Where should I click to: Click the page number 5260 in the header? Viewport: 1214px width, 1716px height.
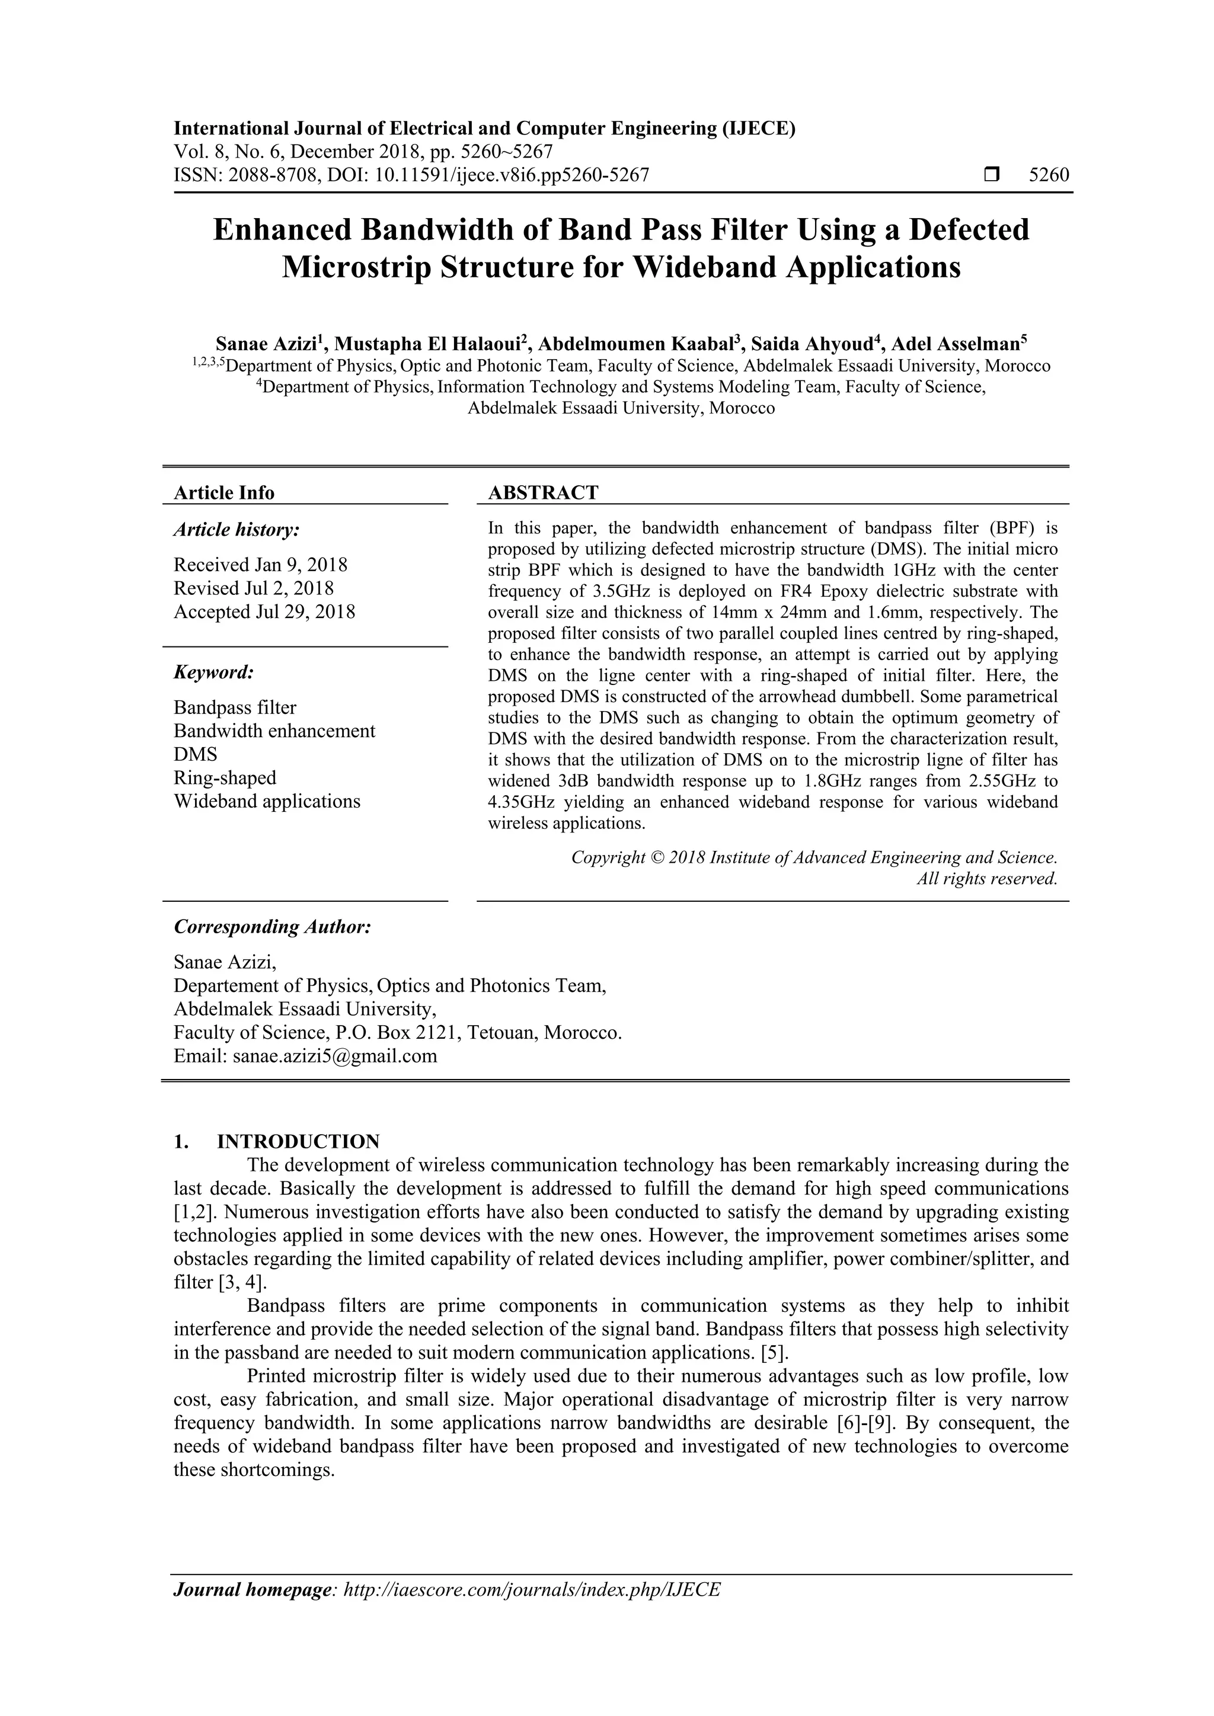(1048, 175)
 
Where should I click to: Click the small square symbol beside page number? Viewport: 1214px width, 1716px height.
(991, 175)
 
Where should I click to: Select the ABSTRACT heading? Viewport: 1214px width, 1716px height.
(543, 492)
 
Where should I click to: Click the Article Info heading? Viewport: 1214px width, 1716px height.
(223, 492)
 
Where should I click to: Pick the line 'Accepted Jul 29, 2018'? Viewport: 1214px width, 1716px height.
(264, 612)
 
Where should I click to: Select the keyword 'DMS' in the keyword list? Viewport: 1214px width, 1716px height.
(195, 754)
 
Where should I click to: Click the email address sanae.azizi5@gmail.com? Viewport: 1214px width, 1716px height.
(334, 1056)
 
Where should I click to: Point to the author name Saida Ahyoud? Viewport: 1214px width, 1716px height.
(810, 344)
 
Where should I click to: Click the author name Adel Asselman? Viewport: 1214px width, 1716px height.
(956, 344)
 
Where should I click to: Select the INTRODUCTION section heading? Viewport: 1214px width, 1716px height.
(298, 1141)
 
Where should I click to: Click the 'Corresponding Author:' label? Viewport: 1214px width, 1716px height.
(272, 927)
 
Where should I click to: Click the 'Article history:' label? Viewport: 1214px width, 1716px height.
(237, 530)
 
